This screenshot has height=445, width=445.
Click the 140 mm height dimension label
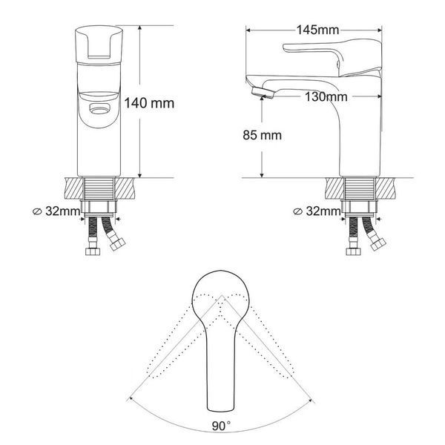(149, 103)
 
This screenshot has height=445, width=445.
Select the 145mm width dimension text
(317, 30)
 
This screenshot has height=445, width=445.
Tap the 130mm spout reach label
(326, 96)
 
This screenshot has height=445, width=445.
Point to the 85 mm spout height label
(263, 135)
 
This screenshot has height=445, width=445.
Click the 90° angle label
(221, 426)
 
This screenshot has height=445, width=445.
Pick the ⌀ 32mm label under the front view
(56, 211)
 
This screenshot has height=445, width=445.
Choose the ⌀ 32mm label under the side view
(317, 211)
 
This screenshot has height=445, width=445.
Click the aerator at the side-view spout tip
(263, 93)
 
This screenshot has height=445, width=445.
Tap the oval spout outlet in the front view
(99, 109)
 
